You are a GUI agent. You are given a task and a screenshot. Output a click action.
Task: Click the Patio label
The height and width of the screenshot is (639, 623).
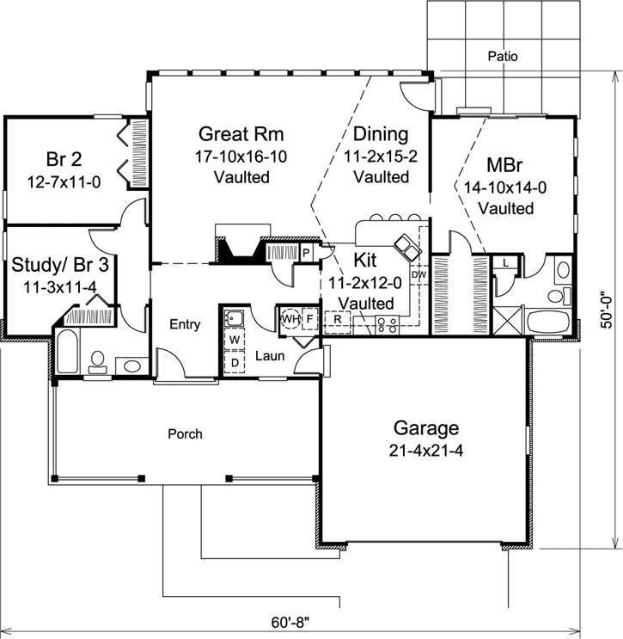click(x=503, y=57)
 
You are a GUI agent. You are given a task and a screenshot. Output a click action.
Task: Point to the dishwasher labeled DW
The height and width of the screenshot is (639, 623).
click(x=419, y=275)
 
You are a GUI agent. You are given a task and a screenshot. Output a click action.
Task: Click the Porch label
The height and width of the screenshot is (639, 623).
click(x=185, y=434)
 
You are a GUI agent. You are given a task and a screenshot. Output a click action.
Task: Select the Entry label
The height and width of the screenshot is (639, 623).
click(x=185, y=324)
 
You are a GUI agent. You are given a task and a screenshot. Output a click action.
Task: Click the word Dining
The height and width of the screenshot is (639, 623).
click(x=380, y=134)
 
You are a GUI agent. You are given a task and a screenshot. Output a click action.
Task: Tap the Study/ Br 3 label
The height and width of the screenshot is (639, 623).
click(x=59, y=263)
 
